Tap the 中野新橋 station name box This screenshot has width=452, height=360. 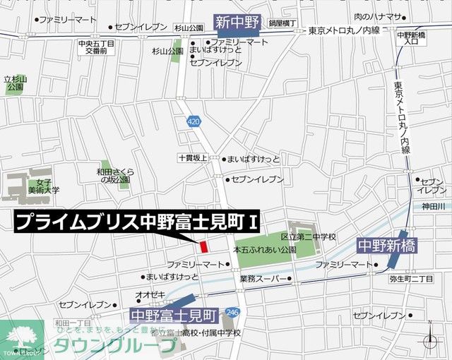pos(386,246)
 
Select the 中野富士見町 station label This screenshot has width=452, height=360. pos(174,312)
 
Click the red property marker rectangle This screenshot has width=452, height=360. pos(203,247)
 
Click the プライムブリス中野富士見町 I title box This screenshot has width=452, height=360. pos(137,222)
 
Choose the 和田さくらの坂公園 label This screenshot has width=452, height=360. pos(117,176)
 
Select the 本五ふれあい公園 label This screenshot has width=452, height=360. pos(265,250)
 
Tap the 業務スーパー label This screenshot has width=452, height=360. pos(263,279)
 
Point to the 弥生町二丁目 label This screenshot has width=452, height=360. pos(411,279)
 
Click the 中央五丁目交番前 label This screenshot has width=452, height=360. pos(96,47)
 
